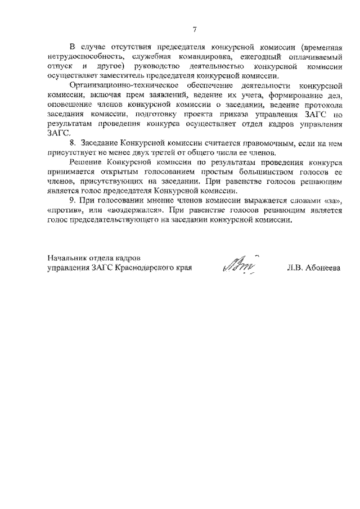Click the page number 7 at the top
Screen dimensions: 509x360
(x=194, y=30)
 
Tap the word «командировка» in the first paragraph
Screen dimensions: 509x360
(x=186, y=57)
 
